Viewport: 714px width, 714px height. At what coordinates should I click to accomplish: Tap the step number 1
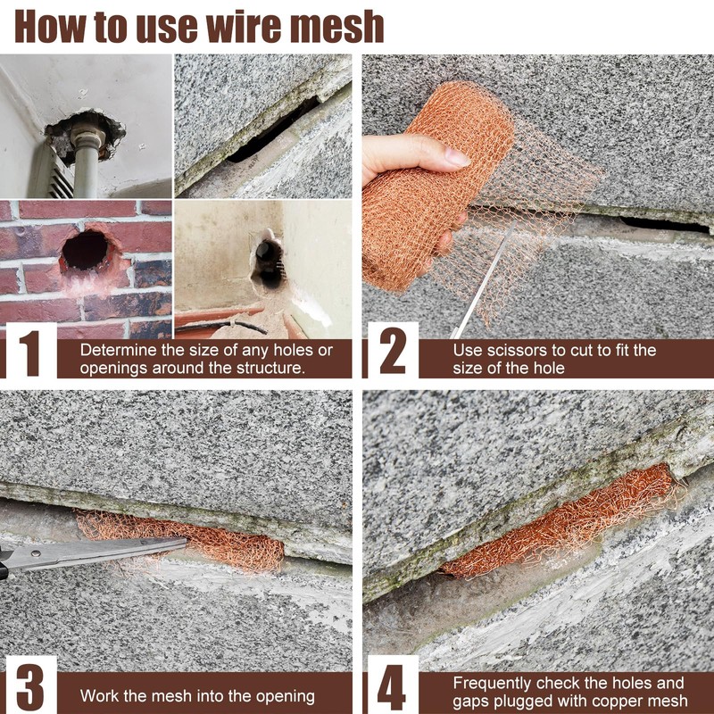coord(31,353)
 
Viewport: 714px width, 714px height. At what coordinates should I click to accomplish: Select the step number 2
coord(393,351)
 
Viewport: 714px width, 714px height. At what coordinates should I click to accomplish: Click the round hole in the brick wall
coord(85,250)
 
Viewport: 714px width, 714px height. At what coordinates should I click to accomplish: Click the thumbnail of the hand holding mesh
coord(538,196)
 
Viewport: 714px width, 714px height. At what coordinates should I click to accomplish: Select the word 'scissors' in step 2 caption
coord(516,351)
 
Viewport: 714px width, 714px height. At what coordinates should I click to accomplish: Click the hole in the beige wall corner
coord(269,264)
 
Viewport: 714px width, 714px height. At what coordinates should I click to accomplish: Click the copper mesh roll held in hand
coord(437,191)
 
